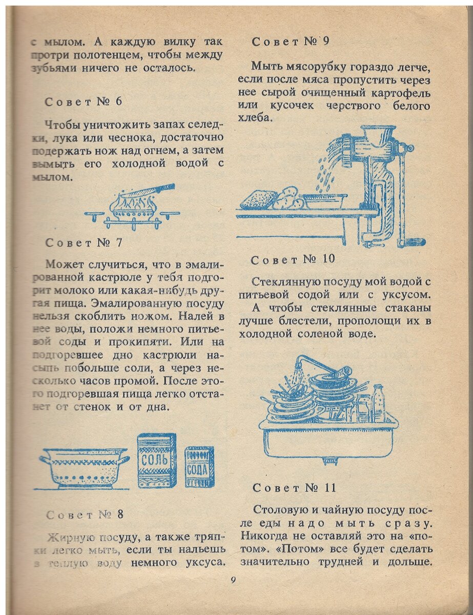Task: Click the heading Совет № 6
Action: pos(84,101)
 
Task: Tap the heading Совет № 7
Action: pos(84,242)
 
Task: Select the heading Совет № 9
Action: pos(290,42)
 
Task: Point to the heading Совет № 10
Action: pos(293,260)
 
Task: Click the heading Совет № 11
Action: pos(294,488)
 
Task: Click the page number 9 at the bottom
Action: pos(233,580)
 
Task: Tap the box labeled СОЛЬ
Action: pos(157,460)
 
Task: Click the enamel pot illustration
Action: pos(85,467)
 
